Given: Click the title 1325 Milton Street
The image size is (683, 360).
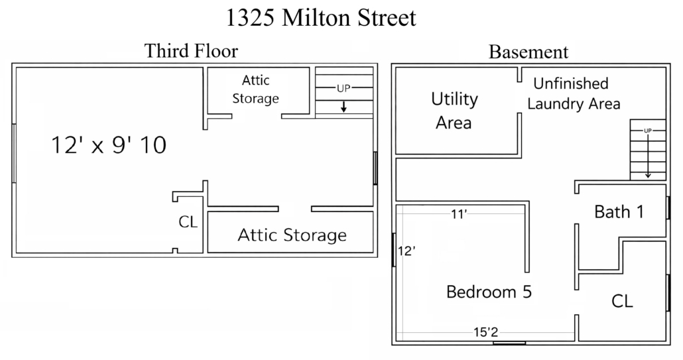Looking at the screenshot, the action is [321, 18].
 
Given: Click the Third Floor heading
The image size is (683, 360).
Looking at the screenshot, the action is [191, 51].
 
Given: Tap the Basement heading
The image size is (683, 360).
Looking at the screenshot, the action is [528, 52].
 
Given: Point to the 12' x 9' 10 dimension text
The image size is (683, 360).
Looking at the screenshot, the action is [109, 145].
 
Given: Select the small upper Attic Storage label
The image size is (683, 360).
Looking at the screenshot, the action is [256, 90].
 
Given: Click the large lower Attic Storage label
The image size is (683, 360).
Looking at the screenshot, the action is [292, 235].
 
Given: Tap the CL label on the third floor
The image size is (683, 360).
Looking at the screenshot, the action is [188, 222].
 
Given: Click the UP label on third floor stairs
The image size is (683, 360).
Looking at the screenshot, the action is [343, 88].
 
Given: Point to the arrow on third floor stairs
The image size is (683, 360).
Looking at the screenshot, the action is [343, 106].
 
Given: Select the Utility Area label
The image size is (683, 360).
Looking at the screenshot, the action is [454, 111].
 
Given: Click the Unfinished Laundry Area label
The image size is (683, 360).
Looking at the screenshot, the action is [573, 93].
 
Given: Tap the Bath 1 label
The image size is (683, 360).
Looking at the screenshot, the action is [619, 212].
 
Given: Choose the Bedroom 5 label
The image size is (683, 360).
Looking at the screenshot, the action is [489, 292].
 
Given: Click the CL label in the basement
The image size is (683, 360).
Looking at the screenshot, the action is [622, 301].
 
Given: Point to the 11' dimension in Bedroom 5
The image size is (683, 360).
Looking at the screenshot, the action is [459, 213].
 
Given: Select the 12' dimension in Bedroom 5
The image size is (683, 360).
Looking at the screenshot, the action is [406, 251].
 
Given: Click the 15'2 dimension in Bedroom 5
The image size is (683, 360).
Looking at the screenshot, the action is [485, 333].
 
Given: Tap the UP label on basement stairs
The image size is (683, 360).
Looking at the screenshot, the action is [648, 131].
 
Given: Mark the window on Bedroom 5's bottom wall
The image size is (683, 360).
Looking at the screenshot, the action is [509, 343].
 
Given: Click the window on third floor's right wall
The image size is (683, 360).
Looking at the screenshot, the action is [375, 168].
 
